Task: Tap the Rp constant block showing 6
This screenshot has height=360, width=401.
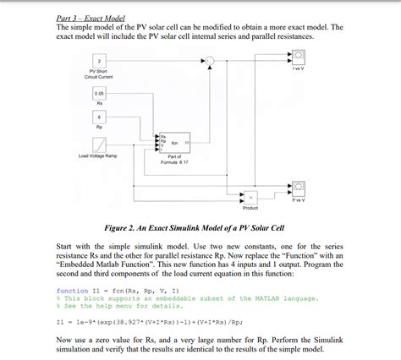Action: [100, 117]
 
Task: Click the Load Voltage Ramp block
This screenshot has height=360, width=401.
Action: [99, 144]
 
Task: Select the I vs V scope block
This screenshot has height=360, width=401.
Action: [299, 57]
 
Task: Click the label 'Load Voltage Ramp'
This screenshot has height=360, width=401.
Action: [98, 156]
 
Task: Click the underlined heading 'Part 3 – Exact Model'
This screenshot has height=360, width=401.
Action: [91, 17]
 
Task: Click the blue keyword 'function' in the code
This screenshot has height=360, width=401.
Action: [72, 290]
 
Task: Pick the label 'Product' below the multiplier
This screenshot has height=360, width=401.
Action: [251, 208]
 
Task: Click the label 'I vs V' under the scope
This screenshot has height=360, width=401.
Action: [299, 69]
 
